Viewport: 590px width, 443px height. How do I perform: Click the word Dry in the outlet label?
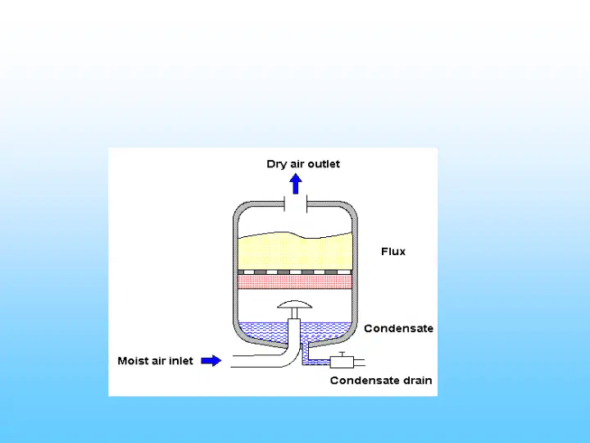276,164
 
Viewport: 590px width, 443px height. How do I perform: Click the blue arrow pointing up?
296,184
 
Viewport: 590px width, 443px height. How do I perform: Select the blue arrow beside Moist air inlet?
211,360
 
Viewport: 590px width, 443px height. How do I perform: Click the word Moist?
131,361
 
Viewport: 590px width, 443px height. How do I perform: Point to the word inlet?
181,361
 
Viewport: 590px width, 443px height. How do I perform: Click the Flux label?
393,252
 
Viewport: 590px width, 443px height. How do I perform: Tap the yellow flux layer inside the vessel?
295,252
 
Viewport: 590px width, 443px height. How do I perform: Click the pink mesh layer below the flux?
295,281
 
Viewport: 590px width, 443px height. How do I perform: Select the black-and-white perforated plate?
295,272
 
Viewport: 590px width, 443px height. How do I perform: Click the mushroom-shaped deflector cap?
295,304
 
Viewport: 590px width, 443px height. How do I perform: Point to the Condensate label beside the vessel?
398,328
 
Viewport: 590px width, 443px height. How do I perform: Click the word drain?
418,381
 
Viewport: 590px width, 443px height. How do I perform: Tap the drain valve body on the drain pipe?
342,362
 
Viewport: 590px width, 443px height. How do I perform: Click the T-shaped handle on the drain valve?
342,354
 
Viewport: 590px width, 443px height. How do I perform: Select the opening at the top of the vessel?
296,204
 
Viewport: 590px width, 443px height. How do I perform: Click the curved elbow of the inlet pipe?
290,357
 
